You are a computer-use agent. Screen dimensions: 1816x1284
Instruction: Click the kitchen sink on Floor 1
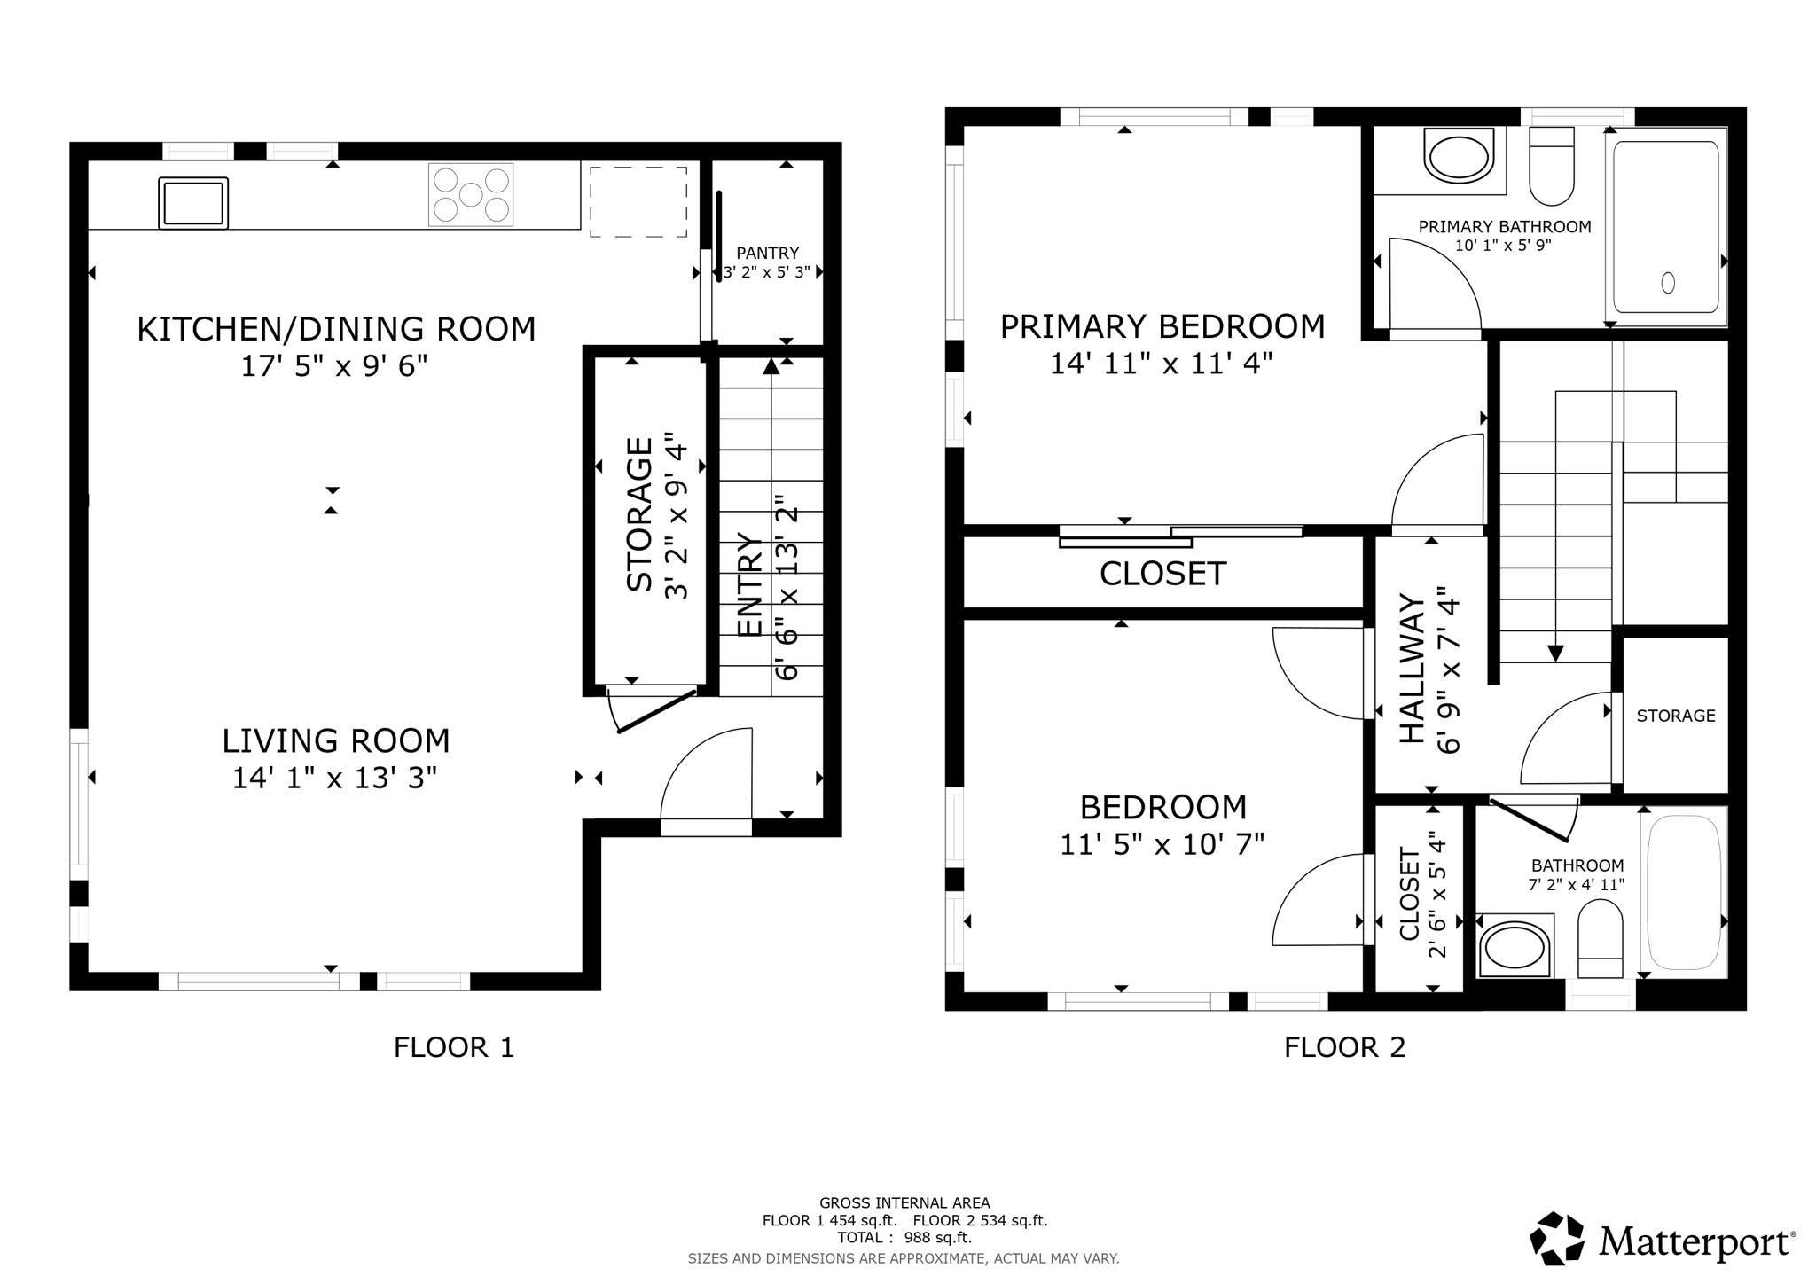[193, 203]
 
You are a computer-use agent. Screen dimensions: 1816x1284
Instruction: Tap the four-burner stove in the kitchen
[471, 194]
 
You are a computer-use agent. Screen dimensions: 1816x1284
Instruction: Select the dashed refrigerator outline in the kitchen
[638, 201]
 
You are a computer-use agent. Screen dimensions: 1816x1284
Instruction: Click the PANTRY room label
[768, 254]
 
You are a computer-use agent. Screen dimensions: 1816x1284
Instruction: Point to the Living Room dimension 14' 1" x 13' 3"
[335, 779]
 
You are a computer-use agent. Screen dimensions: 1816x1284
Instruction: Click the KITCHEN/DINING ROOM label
[336, 329]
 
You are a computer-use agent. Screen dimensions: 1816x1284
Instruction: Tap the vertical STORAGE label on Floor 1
[640, 514]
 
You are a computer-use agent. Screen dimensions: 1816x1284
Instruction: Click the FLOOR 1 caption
[454, 1047]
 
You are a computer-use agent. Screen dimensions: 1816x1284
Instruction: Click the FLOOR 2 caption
[1345, 1047]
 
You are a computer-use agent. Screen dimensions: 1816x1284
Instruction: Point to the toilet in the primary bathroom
[1552, 166]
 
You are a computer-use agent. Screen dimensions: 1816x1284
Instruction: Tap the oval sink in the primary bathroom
[1459, 156]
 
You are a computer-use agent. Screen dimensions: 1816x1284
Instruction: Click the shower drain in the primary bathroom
[1668, 283]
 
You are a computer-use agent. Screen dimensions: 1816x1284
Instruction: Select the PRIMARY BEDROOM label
[1162, 326]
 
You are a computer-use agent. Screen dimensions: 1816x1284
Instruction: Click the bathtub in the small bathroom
[1685, 892]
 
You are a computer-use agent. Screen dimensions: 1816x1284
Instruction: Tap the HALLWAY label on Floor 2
[1413, 669]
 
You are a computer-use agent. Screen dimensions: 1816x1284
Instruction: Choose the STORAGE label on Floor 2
[1676, 716]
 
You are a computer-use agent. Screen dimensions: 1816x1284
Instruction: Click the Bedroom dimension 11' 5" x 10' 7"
[1162, 844]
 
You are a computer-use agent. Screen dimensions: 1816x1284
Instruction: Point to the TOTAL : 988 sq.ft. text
[904, 1238]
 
